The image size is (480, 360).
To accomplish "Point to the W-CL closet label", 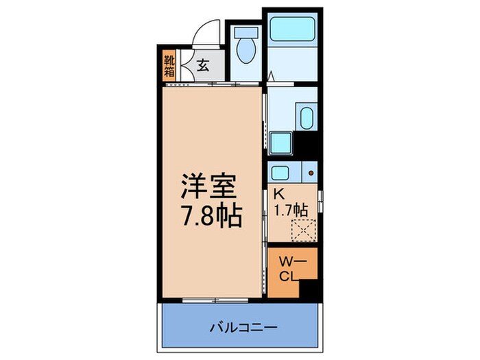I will point(289,268).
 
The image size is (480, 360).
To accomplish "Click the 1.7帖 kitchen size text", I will point(291,211).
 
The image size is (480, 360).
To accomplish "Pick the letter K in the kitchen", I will point(278,195).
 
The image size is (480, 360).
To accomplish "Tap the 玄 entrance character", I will point(204,67).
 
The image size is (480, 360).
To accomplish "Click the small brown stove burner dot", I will point(310,173).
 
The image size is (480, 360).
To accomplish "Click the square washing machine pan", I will point(280,143).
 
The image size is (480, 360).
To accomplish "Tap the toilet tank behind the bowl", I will point(244,32).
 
